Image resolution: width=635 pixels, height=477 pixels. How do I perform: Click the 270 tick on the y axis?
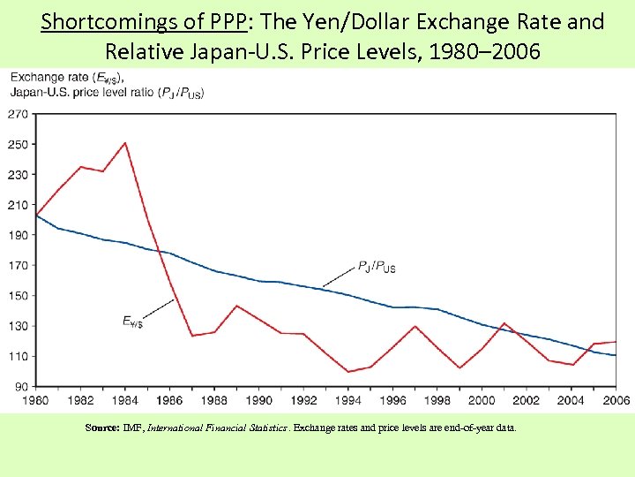tap(18, 114)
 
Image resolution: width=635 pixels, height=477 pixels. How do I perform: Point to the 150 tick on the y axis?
tap(18, 296)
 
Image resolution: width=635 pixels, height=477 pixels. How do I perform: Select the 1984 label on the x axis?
tap(126, 400)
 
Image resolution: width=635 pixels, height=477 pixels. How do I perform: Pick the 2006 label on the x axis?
tap(616, 400)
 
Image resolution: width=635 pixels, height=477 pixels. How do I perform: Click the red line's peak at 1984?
tap(125, 143)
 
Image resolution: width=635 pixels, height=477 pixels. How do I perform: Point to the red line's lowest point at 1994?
tap(348, 372)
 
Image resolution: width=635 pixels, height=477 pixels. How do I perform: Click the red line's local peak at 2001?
tap(504, 323)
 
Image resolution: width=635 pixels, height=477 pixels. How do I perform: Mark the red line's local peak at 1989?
tap(236, 306)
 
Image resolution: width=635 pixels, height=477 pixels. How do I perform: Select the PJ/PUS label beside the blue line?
tap(377, 266)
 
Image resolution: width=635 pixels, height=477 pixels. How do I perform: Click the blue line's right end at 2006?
tap(616, 355)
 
